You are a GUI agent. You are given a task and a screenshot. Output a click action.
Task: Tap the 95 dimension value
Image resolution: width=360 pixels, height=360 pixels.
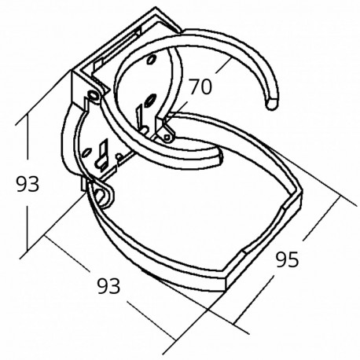pos(288,259)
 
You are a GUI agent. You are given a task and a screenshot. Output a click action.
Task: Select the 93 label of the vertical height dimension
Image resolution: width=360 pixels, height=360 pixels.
pos(29,185)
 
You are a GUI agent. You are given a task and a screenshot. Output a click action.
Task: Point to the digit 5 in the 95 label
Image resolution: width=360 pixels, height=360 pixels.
pos(294,259)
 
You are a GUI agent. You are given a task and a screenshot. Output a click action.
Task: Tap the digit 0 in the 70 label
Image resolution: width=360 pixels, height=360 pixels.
pos(207,87)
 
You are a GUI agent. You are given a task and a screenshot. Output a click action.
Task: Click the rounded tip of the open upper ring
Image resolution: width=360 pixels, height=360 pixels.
pos(273,103)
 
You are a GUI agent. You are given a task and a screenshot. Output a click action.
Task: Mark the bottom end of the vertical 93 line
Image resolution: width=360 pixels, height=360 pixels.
pos(27,250)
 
